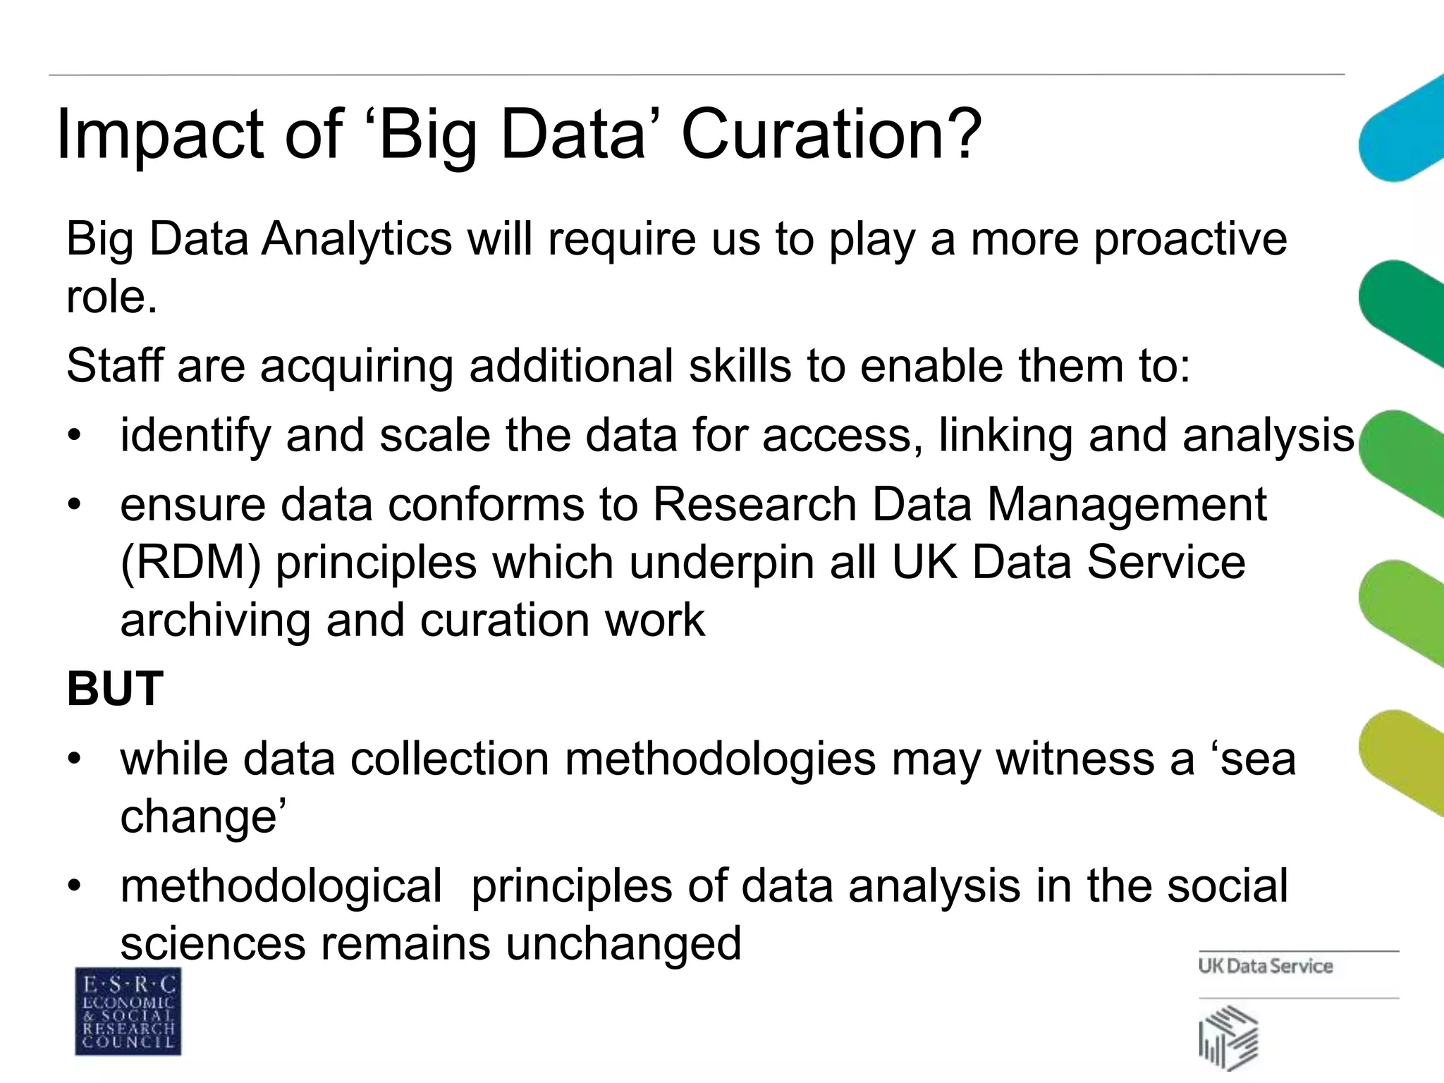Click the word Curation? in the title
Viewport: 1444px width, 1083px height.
tap(831, 134)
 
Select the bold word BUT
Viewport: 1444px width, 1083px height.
tap(115, 689)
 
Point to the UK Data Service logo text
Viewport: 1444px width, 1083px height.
tap(1266, 966)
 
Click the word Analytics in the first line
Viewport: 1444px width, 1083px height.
tap(357, 240)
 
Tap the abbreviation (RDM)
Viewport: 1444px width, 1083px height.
tap(190, 563)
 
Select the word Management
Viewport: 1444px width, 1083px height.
tap(1126, 505)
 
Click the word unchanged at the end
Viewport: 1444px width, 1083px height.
tap(623, 943)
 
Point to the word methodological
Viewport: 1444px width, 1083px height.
tap(281, 886)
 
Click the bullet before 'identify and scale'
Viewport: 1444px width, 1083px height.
tap(75, 435)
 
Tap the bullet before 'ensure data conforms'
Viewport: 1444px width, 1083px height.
tap(75, 505)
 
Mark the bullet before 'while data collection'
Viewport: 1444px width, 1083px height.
tap(75, 759)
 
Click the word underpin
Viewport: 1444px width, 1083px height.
tap(722, 563)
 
